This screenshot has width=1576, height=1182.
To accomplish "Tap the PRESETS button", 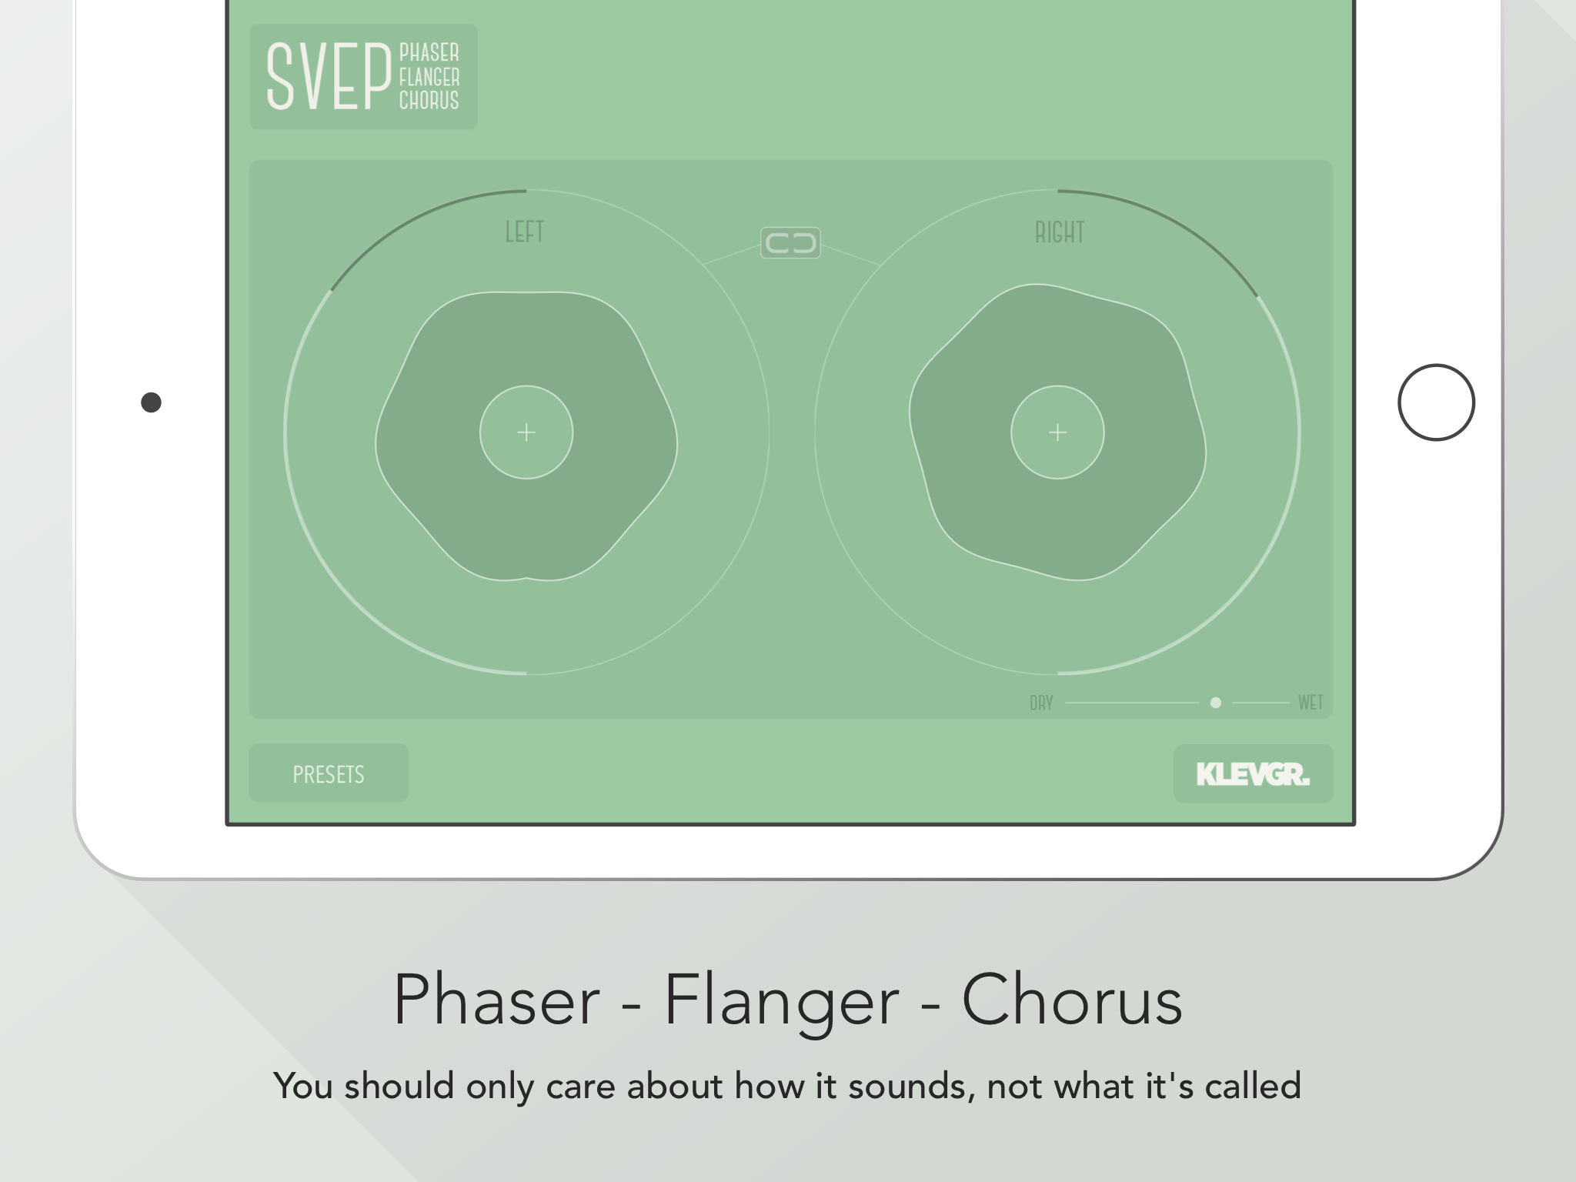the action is pos(329,773).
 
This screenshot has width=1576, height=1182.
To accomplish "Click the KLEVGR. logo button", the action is pos(1253,774).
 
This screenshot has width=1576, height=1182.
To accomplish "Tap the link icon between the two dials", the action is pos(790,243).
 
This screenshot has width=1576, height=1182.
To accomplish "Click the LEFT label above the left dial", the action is pos(525,232).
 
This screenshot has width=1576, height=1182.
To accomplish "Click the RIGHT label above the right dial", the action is pos(1060,232).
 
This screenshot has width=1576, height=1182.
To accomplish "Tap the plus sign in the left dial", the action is pos(526,432).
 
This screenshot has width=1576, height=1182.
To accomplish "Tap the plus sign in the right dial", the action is pos(1057,432).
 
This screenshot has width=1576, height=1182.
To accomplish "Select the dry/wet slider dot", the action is pos(1216,703).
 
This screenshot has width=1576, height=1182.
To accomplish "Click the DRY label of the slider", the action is pos(1041,703).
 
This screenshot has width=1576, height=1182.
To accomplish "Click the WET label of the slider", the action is pos(1311,702).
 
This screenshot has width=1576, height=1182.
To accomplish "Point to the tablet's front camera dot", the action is pos(152,402).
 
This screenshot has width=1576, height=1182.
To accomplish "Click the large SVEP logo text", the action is pos(329,76).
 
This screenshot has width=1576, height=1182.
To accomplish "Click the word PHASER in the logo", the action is pos(429,52).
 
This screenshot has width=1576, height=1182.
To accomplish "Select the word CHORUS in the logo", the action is pos(429,100).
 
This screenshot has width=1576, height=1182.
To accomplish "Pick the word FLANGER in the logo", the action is pos(429,77).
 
